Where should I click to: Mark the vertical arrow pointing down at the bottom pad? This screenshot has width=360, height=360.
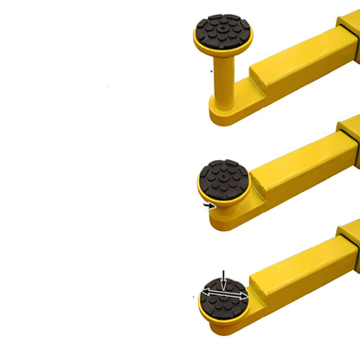click(223, 280)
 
